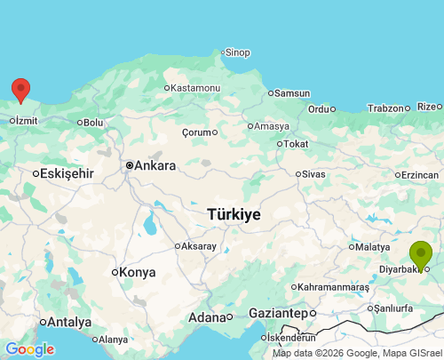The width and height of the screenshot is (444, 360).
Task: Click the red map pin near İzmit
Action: [20, 89]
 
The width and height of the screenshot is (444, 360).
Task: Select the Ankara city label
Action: [155, 165]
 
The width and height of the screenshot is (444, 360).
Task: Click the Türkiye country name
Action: [234, 214]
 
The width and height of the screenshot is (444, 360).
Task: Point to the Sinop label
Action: [239, 52]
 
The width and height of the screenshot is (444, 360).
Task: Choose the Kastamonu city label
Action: [195, 88]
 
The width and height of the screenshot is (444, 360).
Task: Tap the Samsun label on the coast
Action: [292, 93]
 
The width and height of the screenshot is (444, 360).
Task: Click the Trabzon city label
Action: [386, 108]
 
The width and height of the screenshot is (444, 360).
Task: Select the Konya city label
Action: [138, 272]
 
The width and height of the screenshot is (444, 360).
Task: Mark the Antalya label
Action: [69, 322]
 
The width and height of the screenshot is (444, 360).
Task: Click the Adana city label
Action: [207, 317]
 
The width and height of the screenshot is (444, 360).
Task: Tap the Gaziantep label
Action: [277, 314]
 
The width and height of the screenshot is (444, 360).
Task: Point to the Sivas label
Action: [313, 174]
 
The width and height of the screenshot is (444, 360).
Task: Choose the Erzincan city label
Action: [420, 175]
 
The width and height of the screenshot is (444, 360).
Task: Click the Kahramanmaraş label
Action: [334, 287]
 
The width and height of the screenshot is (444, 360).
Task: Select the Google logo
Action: [29, 349]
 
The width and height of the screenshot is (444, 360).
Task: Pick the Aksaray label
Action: [200, 246]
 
